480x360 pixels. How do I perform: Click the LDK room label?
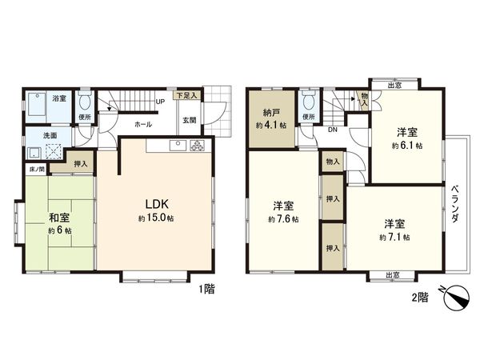click(x=155, y=202)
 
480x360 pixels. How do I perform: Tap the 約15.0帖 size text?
click(x=155, y=217)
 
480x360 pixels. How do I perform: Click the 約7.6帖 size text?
click(x=284, y=219)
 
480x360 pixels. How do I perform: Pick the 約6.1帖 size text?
click(x=406, y=146)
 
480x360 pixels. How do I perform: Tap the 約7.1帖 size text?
click(x=395, y=237)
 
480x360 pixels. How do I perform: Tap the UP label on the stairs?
click(x=161, y=102)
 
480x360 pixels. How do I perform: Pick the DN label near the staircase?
click(x=332, y=129)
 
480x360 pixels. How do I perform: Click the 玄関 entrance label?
click(x=189, y=121)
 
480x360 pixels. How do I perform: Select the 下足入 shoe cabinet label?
click(x=189, y=95)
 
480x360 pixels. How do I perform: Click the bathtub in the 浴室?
click(x=38, y=106)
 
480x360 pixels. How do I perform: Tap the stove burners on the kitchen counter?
click(x=198, y=146)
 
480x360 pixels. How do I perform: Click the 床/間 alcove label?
click(x=37, y=169)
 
